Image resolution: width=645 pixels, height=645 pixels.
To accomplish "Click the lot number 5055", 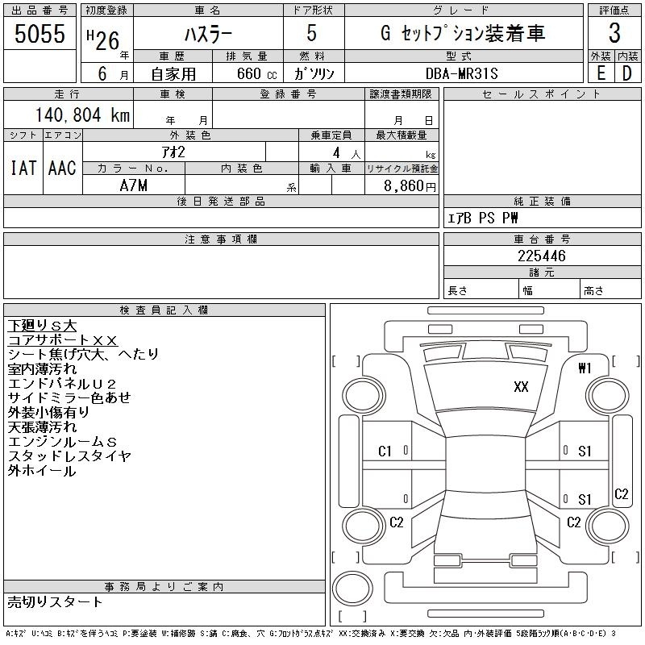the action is pos(40,33).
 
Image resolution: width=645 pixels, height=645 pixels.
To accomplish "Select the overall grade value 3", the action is pos(614,33).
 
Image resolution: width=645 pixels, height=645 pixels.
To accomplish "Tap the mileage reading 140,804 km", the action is pos(82,114).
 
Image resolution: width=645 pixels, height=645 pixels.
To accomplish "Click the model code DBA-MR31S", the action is pos(461,73).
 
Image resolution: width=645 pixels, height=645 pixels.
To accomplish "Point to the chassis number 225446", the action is pos(542,256).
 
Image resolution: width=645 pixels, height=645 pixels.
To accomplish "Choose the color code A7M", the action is pos(133,185).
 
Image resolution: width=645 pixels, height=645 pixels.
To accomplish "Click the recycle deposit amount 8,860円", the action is pos(410,186).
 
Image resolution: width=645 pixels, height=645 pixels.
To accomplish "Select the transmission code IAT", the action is pos(23,168).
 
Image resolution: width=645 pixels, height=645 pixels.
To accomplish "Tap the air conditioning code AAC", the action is pos(62,168).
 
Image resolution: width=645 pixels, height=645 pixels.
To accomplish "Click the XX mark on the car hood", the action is pos(521,387).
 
